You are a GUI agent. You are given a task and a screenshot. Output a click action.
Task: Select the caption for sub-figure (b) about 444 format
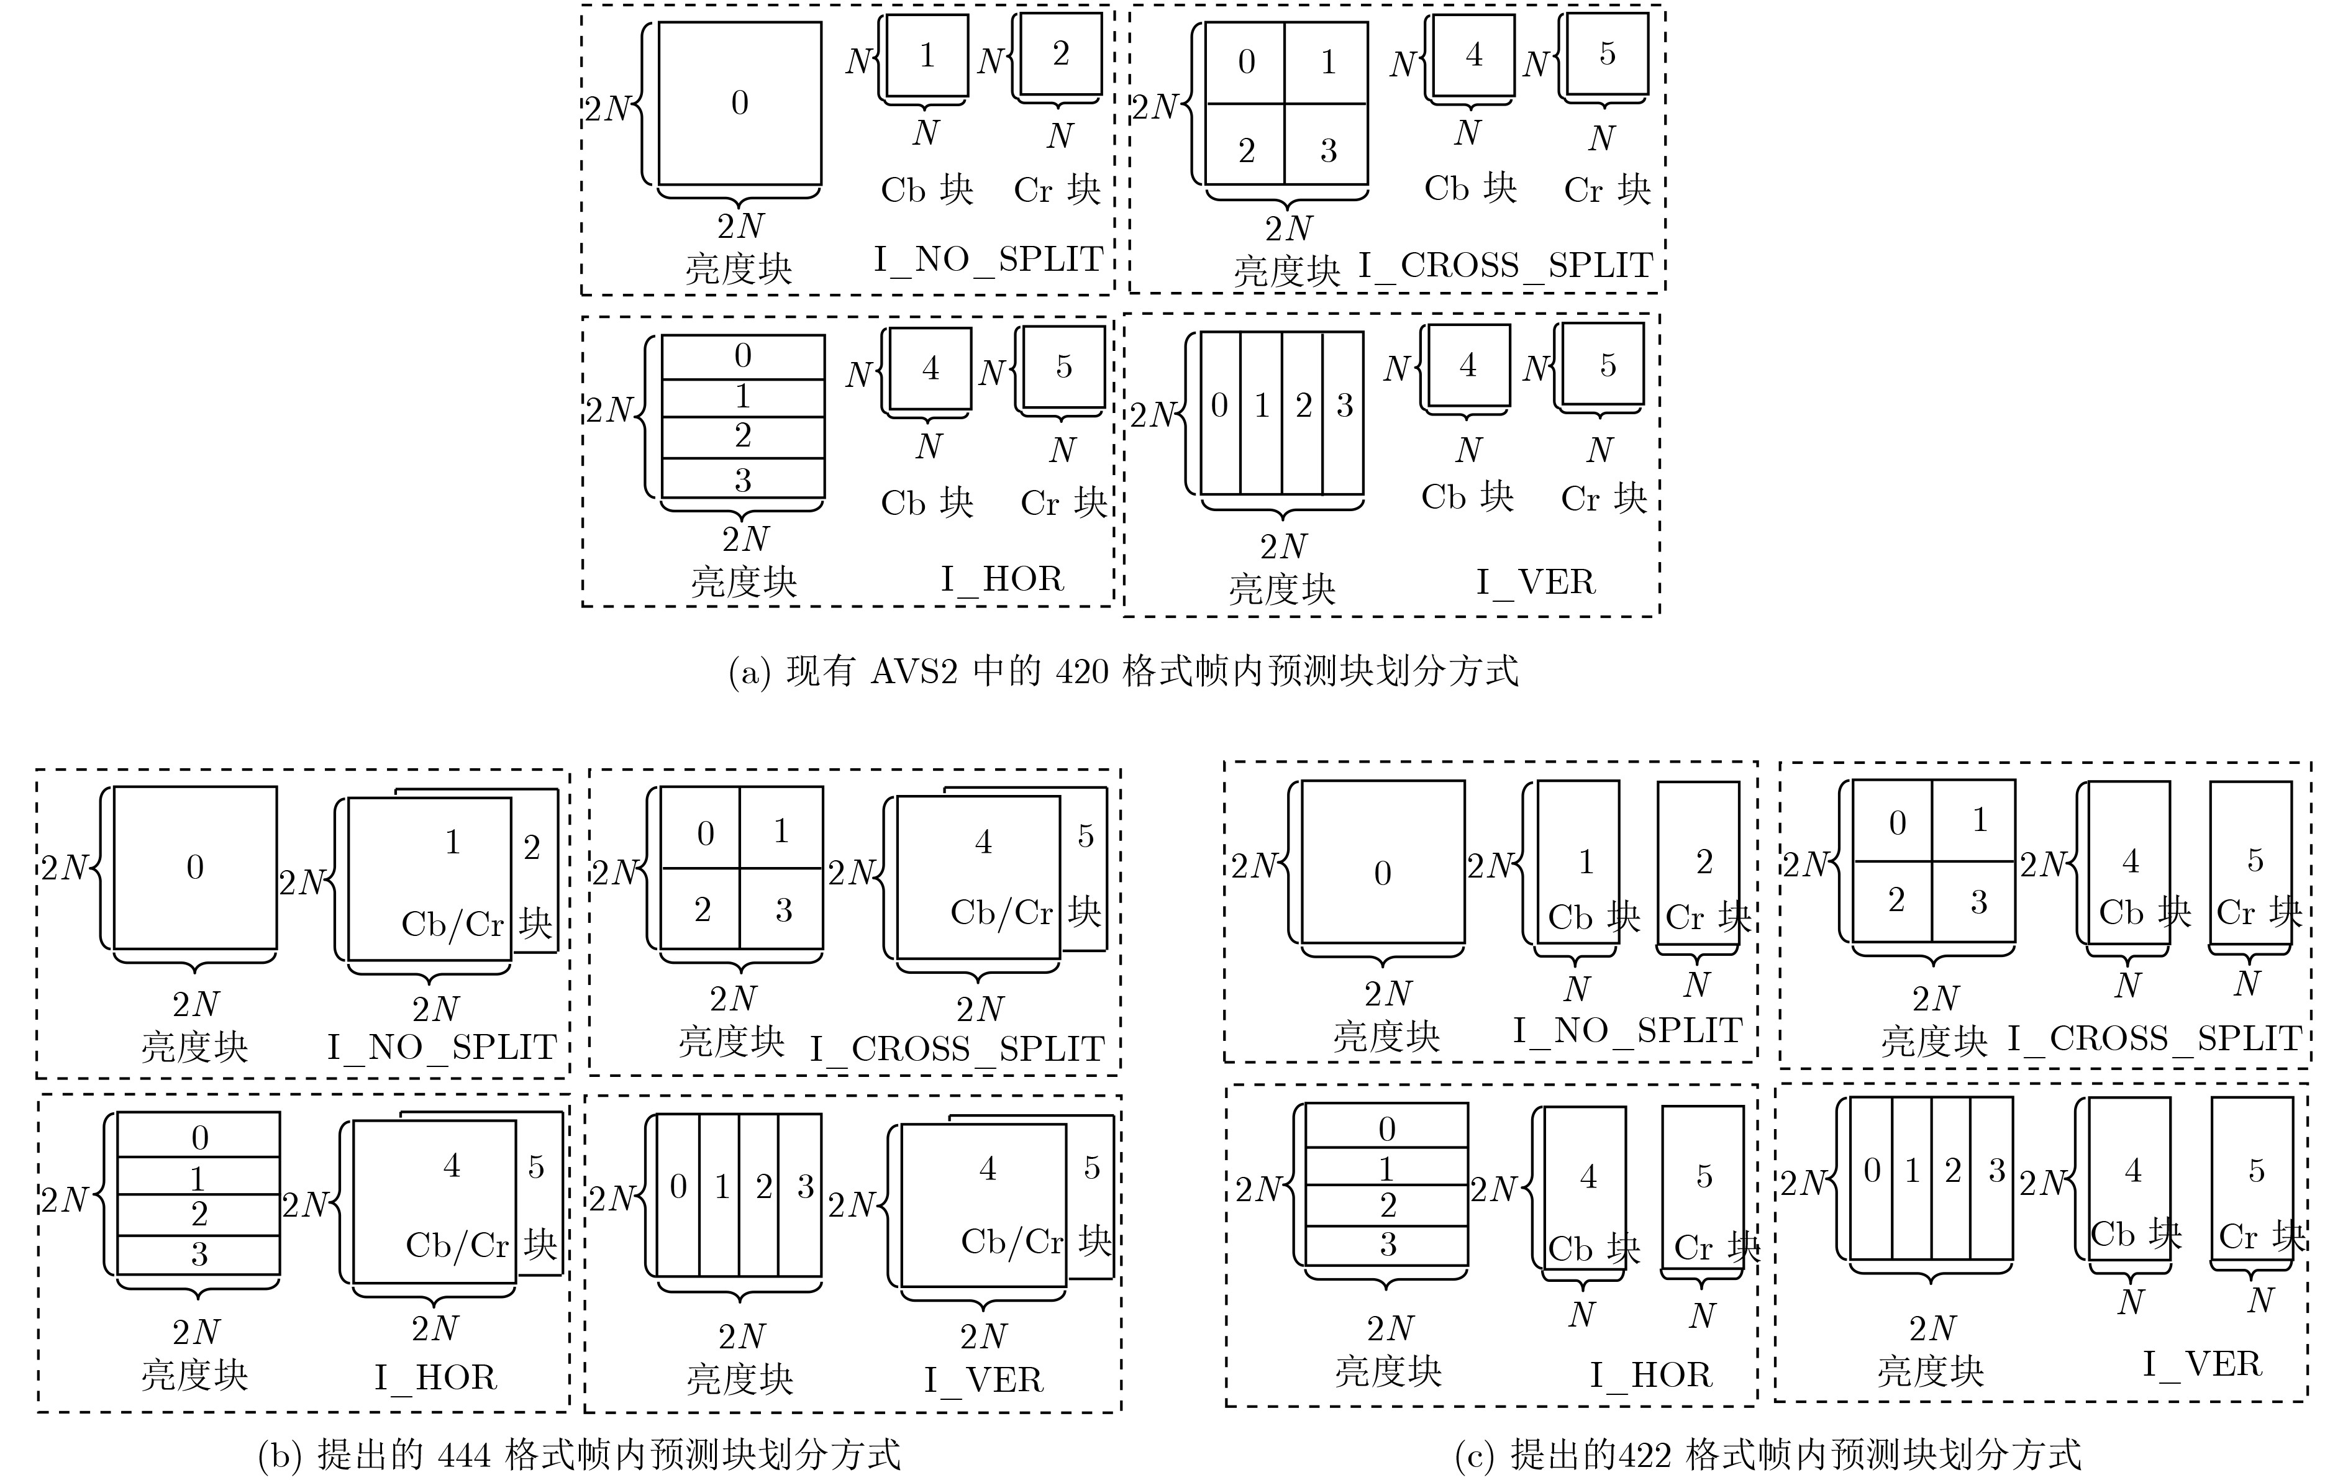tap(579, 1455)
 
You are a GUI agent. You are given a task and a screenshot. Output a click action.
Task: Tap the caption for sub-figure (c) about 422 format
tap(1768, 1455)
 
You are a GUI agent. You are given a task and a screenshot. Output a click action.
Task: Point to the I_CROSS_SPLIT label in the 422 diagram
tap(2155, 1039)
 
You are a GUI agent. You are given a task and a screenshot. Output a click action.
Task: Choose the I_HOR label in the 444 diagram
tap(436, 1377)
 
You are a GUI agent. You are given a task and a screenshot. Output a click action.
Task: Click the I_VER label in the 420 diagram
tap(1536, 582)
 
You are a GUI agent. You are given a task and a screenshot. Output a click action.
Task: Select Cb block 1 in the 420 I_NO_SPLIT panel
tap(927, 55)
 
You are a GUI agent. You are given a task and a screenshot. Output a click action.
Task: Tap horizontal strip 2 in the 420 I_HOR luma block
tap(743, 437)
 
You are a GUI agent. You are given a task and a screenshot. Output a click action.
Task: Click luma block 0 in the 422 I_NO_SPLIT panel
tap(1383, 862)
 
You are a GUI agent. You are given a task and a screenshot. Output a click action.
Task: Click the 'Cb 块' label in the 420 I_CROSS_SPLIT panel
tap(1470, 188)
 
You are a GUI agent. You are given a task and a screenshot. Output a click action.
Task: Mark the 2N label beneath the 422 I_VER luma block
tap(1932, 1328)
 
